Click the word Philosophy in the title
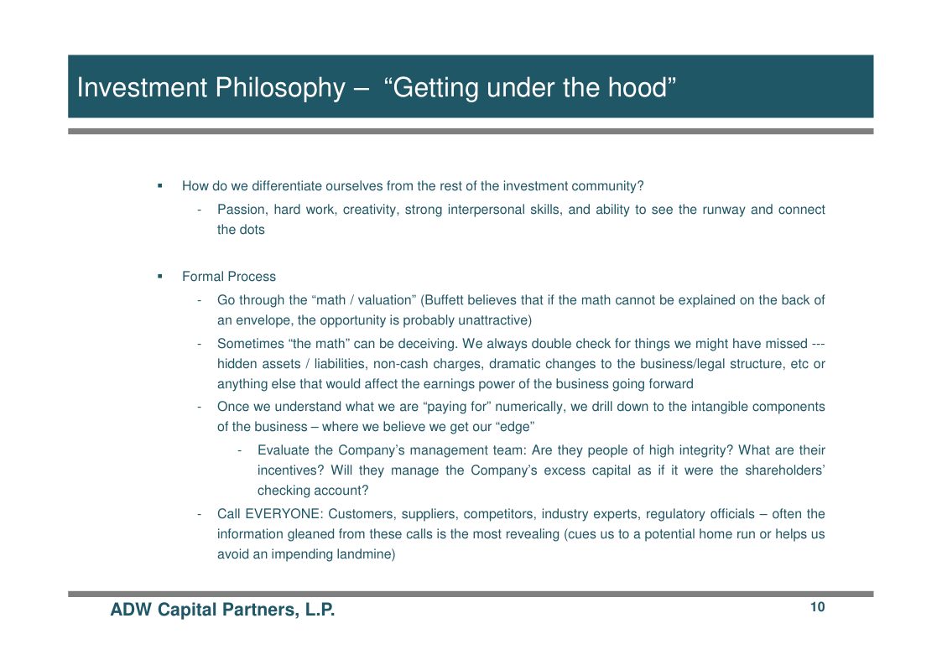tap(280, 88)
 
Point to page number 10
tap(818, 607)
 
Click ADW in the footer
tap(130, 610)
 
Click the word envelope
tap(264, 320)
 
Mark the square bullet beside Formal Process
tap(160, 277)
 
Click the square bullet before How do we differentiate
tap(160, 185)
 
